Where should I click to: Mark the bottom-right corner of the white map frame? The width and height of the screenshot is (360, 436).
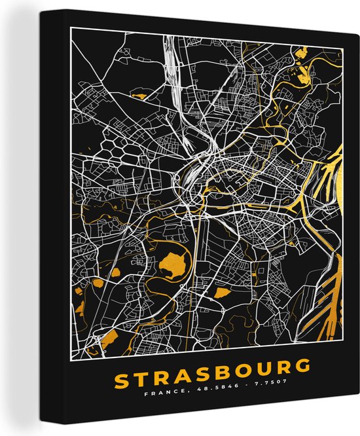345,357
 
